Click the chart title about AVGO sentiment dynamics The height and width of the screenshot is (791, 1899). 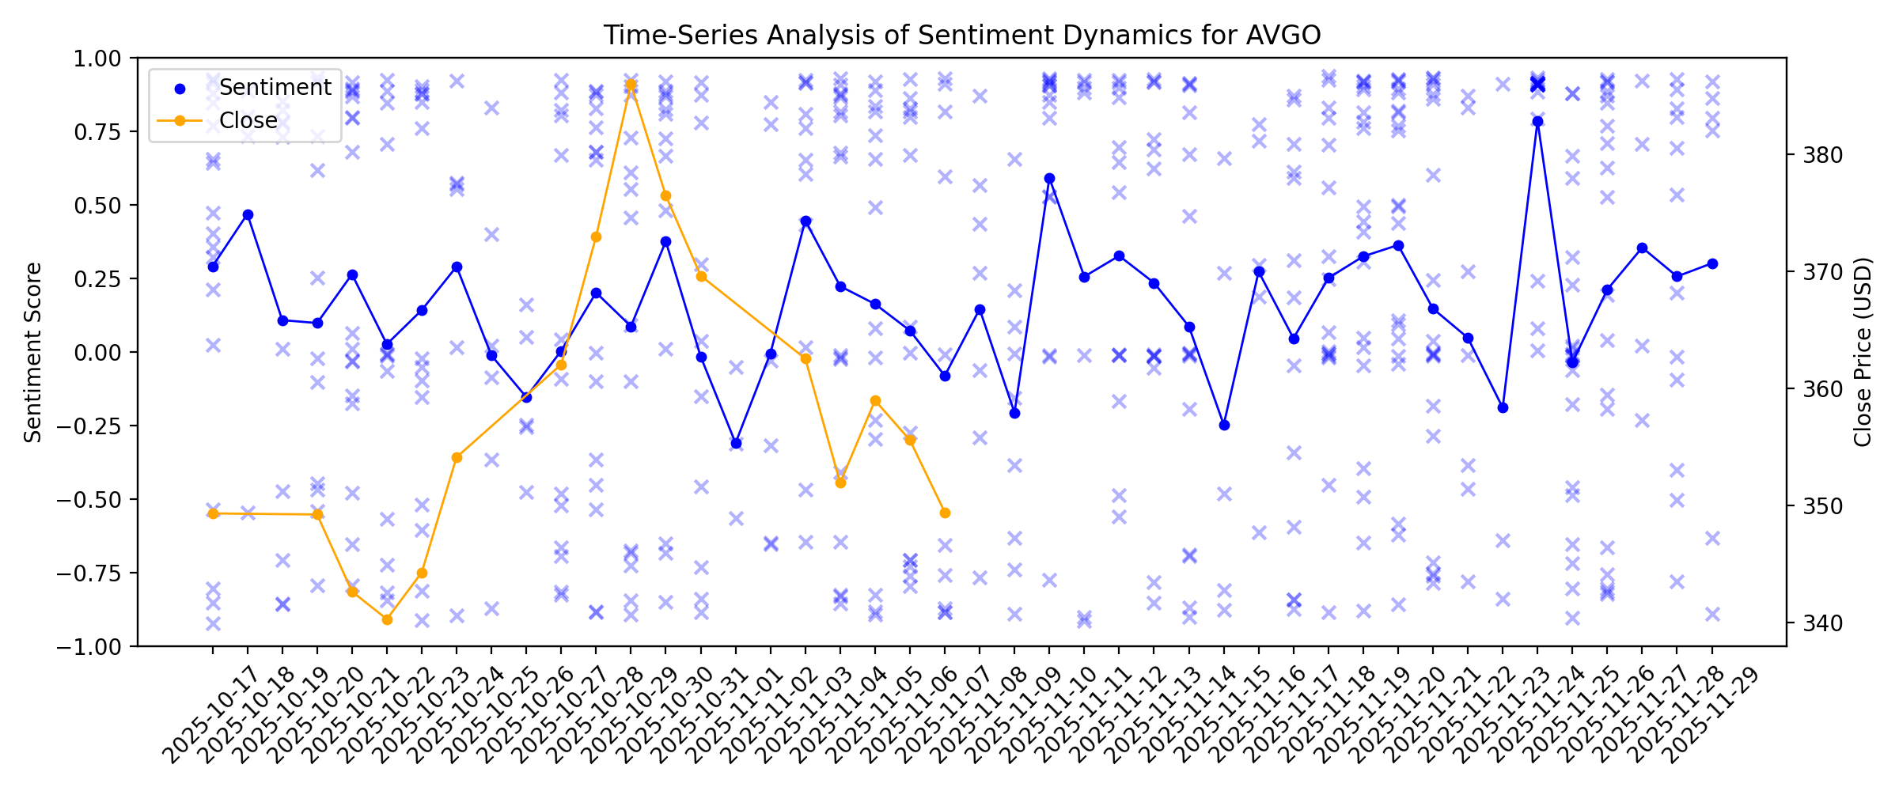point(961,36)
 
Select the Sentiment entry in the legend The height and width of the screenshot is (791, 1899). point(275,88)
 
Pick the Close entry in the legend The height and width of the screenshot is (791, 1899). point(248,121)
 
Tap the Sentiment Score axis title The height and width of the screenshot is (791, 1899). point(32,352)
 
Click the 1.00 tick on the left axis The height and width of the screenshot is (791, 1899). point(97,59)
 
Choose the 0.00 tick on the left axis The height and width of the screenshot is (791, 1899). point(97,353)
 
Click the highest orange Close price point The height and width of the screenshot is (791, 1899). point(631,84)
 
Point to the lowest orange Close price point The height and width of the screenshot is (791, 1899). point(387,619)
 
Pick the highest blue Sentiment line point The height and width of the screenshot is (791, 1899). point(1537,122)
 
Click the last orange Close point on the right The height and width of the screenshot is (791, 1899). point(945,513)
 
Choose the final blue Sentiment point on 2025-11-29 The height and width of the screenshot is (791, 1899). point(1712,263)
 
